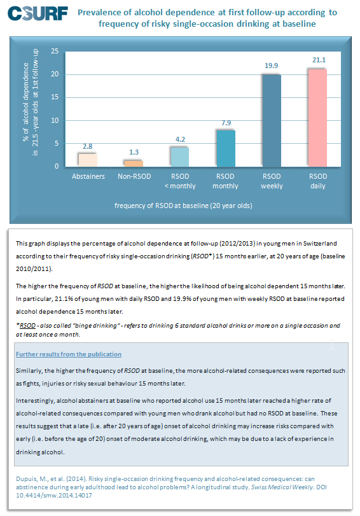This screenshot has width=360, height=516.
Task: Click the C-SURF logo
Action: (38, 13)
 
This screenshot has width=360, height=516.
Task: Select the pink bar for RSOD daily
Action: (317, 118)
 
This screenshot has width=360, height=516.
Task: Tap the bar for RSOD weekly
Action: (272, 121)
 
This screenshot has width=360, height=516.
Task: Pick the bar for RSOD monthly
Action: (226, 148)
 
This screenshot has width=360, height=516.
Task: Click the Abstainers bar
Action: (88, 160)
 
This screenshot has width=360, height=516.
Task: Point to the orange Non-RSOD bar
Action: (134, 164)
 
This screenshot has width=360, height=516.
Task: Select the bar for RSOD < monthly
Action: (179, 157)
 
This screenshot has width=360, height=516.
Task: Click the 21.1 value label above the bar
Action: (319, 60)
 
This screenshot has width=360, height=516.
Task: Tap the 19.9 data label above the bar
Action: (271, 66)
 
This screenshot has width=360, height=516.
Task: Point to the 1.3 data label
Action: (134, 152)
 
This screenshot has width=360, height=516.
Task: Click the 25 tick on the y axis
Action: (55, 51)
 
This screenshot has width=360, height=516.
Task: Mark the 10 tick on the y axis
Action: (55, 120)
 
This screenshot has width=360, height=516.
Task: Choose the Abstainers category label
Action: (88, 176)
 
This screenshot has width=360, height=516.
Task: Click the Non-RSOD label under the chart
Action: (134, 176)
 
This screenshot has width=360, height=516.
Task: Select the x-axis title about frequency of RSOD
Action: (183, 206)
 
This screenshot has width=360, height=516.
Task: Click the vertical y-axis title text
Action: (31, 102)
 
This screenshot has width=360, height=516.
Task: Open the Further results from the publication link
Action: (69, 354)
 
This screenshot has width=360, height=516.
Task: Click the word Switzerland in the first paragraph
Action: (320, 244)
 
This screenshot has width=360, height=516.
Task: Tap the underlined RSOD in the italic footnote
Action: (27, 326)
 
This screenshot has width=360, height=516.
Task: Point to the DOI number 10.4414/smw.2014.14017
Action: (54, 495)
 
